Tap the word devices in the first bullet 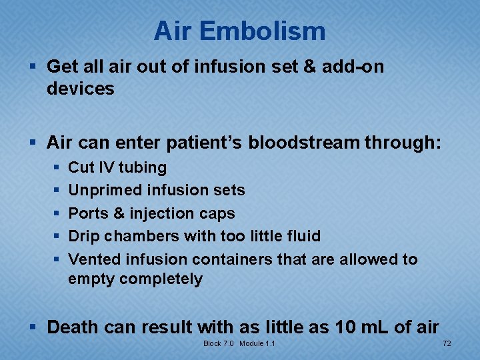81,89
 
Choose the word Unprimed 101,191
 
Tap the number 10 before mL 343,327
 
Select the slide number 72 447,343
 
